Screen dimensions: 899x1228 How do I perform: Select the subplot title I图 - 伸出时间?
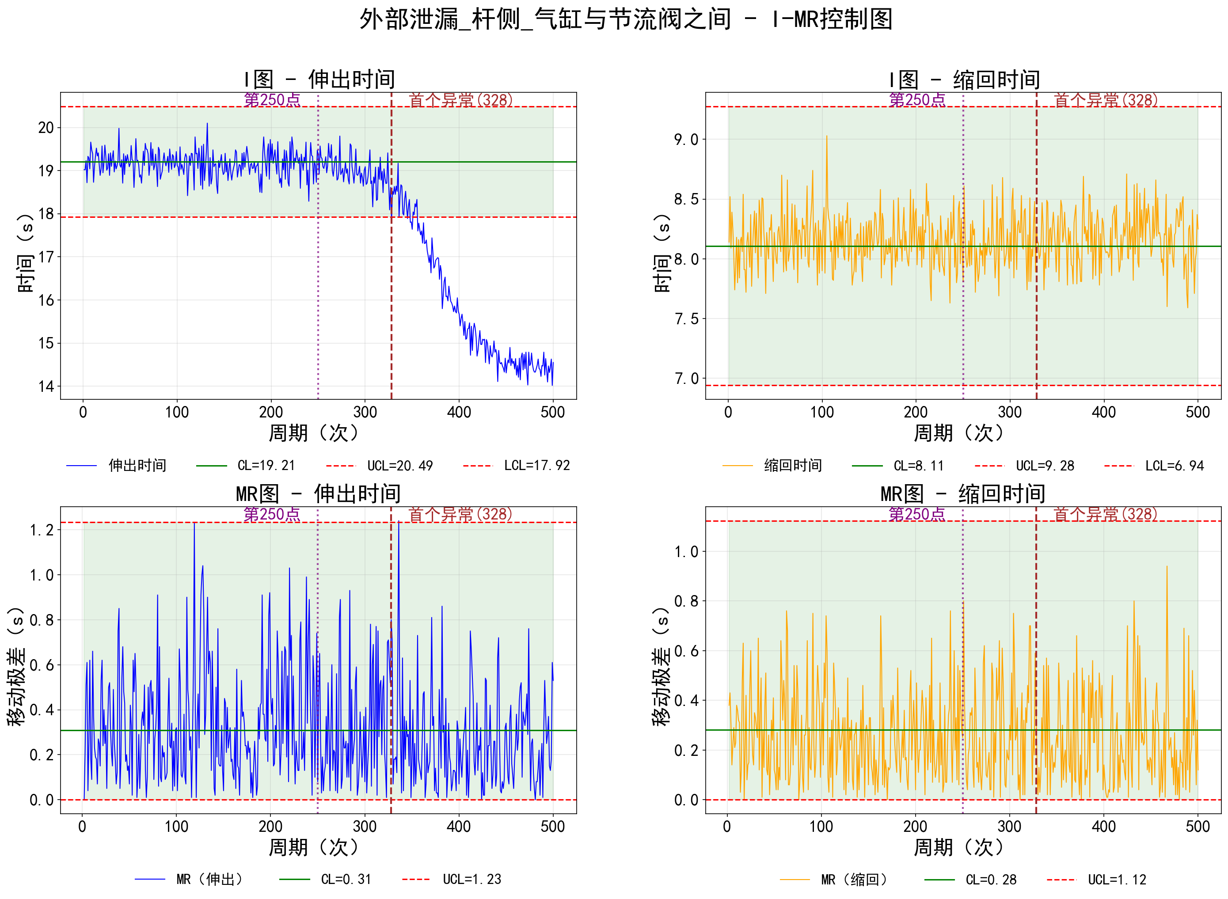(x=319, y=80)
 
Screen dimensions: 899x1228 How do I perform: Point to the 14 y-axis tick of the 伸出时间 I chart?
(x=46, y=387)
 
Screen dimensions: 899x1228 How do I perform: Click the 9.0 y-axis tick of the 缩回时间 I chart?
(x=686, y=140)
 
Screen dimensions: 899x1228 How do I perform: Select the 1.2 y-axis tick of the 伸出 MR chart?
(x=42, y=530)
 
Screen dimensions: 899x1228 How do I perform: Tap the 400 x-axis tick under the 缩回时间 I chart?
(x=1104, y=412)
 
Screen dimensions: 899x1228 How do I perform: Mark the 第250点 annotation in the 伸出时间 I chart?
(x=272, y=100)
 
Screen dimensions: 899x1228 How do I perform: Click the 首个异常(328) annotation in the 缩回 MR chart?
(x=1105, y=514)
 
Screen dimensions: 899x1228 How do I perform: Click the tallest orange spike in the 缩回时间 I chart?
(x=826, y=137)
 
